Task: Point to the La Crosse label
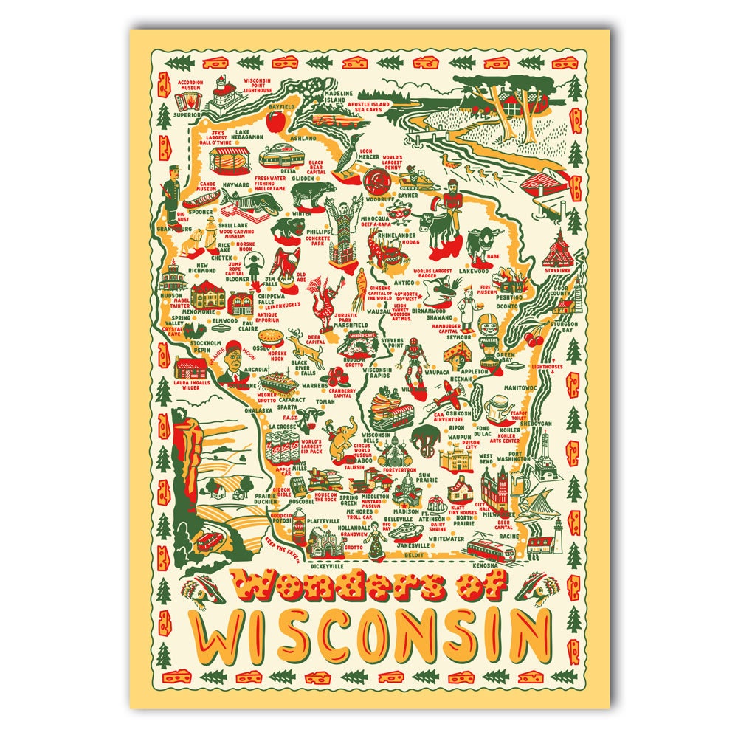tap(283, 427)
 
